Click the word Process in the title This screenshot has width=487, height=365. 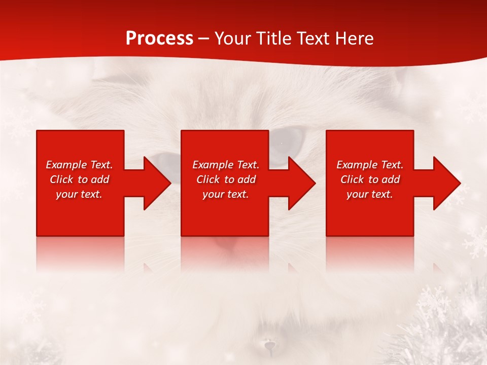159,39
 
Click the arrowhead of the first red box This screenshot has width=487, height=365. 157,183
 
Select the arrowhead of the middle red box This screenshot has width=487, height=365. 301,183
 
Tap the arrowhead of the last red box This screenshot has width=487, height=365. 446,183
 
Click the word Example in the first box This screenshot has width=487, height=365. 66,165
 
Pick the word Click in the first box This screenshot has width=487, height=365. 62,179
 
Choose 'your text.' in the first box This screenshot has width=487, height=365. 79,194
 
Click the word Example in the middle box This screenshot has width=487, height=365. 213,165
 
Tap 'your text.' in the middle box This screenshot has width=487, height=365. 226,194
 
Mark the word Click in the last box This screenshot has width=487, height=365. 353,179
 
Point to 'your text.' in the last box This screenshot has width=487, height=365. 370,194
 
